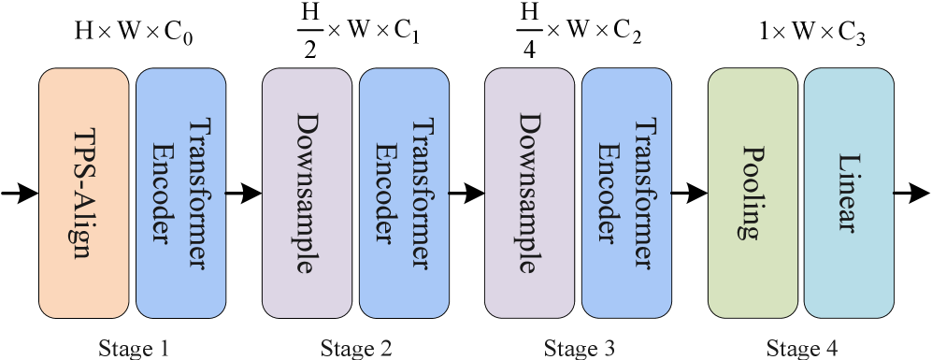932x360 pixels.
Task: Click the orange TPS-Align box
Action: [83, 193]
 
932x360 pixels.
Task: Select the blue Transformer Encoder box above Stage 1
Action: [180, 193]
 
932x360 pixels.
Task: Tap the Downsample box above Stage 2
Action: [307, 193]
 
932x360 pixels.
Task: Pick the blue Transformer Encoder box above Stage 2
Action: [404, 193]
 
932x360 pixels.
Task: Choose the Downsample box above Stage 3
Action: [529, 193]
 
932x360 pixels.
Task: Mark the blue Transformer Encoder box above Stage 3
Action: [626, 193]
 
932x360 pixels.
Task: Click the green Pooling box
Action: [753, 193]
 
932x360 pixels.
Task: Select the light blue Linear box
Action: [849, 193]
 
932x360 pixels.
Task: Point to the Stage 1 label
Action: [133, 349]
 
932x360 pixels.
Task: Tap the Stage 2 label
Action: [355, 349]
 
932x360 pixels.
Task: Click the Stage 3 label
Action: [579, 349]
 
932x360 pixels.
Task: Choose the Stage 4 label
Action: [802, 349]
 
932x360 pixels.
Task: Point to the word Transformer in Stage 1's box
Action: [197, 193]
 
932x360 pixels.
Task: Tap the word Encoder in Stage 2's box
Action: [387, 193]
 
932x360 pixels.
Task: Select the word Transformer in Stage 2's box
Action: [421, 193]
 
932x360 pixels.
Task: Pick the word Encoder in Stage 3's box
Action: [609, 193]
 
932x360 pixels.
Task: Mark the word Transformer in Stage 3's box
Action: [643, 193]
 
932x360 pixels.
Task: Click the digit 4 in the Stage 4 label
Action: [832, 349]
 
